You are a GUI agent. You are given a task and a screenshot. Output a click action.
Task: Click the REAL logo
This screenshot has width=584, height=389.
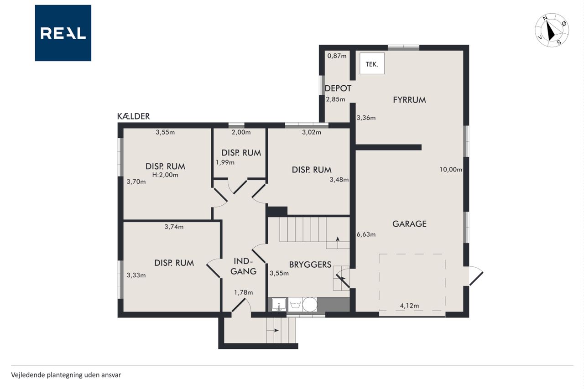tap(63, 33)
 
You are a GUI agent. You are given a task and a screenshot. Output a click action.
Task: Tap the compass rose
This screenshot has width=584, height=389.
tap(552, 30)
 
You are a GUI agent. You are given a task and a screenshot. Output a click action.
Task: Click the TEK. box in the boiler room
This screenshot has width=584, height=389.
tap(372, 63)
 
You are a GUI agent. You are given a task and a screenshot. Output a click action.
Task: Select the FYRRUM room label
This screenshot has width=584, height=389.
tap(409, 100)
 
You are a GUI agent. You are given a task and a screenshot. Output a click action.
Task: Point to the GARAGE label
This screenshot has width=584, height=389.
tap(409, 223)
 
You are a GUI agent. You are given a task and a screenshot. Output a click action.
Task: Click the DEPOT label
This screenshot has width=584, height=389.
tap(338, 88)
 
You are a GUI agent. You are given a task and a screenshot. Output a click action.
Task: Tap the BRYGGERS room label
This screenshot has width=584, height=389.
tap(310, 265)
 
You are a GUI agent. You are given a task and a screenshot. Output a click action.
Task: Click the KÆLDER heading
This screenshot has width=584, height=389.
tap(134, 116)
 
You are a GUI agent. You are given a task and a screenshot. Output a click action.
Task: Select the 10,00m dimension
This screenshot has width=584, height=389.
tap(451, 169)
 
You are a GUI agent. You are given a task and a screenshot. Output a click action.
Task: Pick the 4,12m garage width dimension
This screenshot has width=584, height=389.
tap(409, 306)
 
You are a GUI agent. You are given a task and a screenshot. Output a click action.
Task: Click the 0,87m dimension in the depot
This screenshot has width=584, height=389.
tap(337, 56)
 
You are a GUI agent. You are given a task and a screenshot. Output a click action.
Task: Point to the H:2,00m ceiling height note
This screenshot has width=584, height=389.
tap(165, 175)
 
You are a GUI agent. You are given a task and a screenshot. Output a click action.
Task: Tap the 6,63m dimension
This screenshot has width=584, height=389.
tap(366, 234)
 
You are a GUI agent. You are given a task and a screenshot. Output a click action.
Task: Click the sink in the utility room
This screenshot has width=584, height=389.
tap(279, 305)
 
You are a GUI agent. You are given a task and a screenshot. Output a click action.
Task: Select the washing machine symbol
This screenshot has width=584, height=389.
tap(295, 305)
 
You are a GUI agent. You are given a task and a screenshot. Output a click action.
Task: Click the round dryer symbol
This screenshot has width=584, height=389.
tap(310, 305)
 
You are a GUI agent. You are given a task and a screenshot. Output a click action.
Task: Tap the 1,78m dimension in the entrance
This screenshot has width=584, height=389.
tap(244, 292)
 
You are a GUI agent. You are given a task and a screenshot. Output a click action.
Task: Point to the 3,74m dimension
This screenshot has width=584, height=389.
tap(174, 227)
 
